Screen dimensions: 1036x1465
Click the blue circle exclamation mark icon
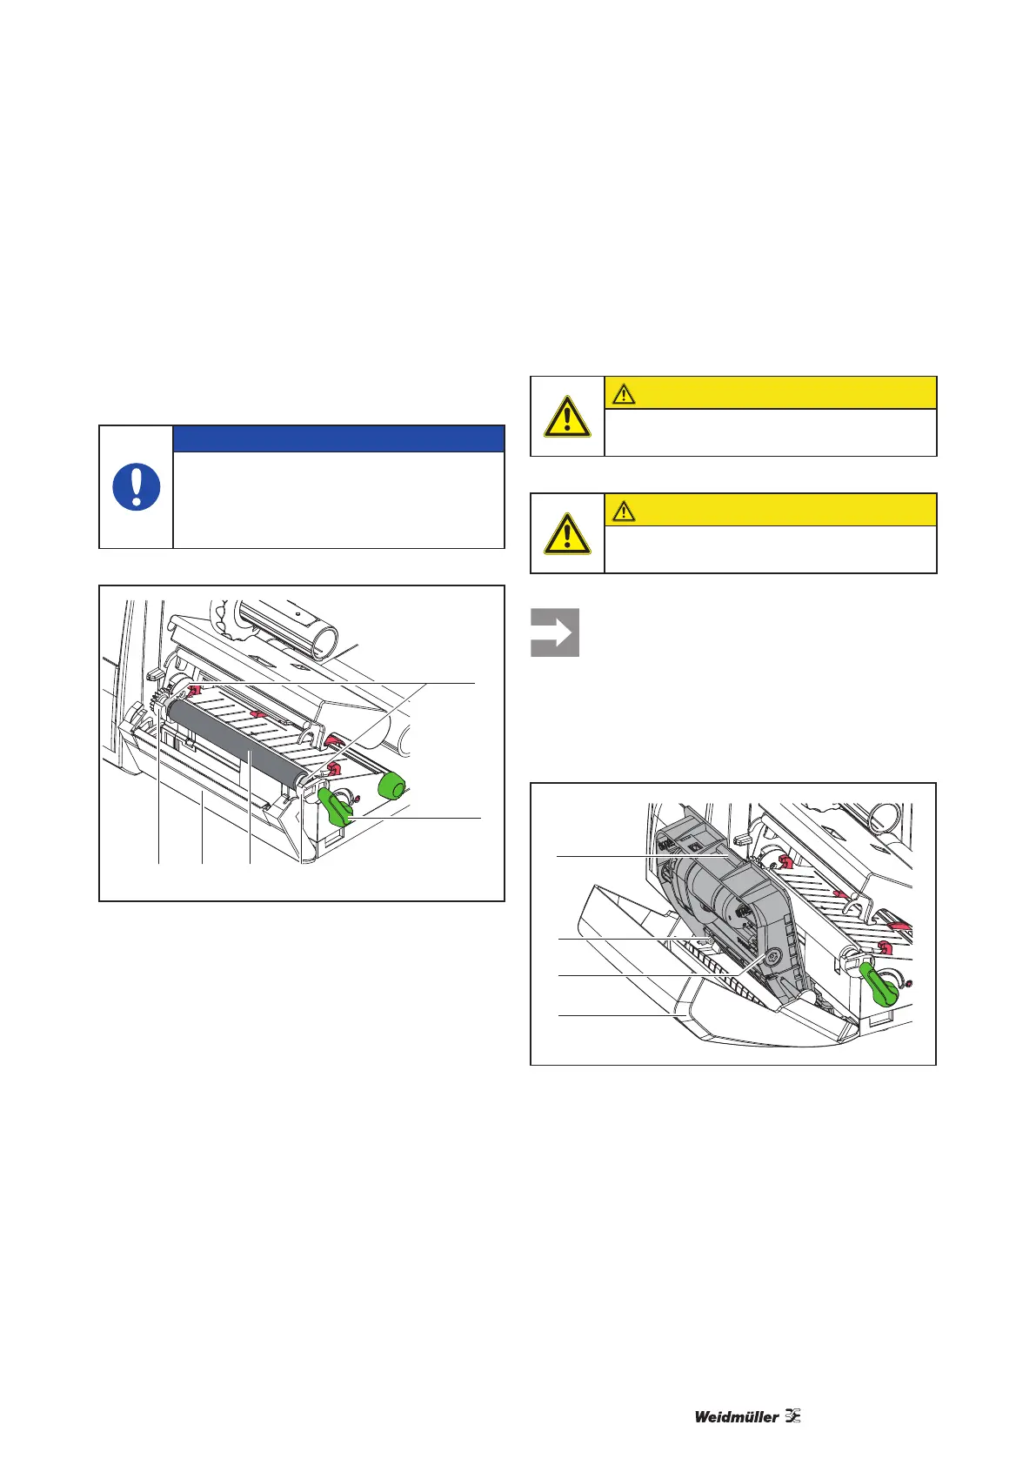coord(137,486)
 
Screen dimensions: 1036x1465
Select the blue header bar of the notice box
coord(338,438)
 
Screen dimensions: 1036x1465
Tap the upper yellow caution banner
coord(770,392)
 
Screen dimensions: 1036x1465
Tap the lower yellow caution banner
coord(770,509)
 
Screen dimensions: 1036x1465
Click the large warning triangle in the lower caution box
coord(567,533)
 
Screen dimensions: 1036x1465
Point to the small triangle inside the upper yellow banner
coord(623,393)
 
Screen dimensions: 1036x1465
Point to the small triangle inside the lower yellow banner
coord(623,510)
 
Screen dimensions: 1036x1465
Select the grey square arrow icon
coord(555,632)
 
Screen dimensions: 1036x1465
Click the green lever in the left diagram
coord(334,806)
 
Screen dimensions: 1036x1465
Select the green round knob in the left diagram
coord(393,786)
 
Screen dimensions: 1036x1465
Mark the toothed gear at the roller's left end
coord(160,700)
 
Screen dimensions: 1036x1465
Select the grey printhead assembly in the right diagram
coord(731,913)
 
